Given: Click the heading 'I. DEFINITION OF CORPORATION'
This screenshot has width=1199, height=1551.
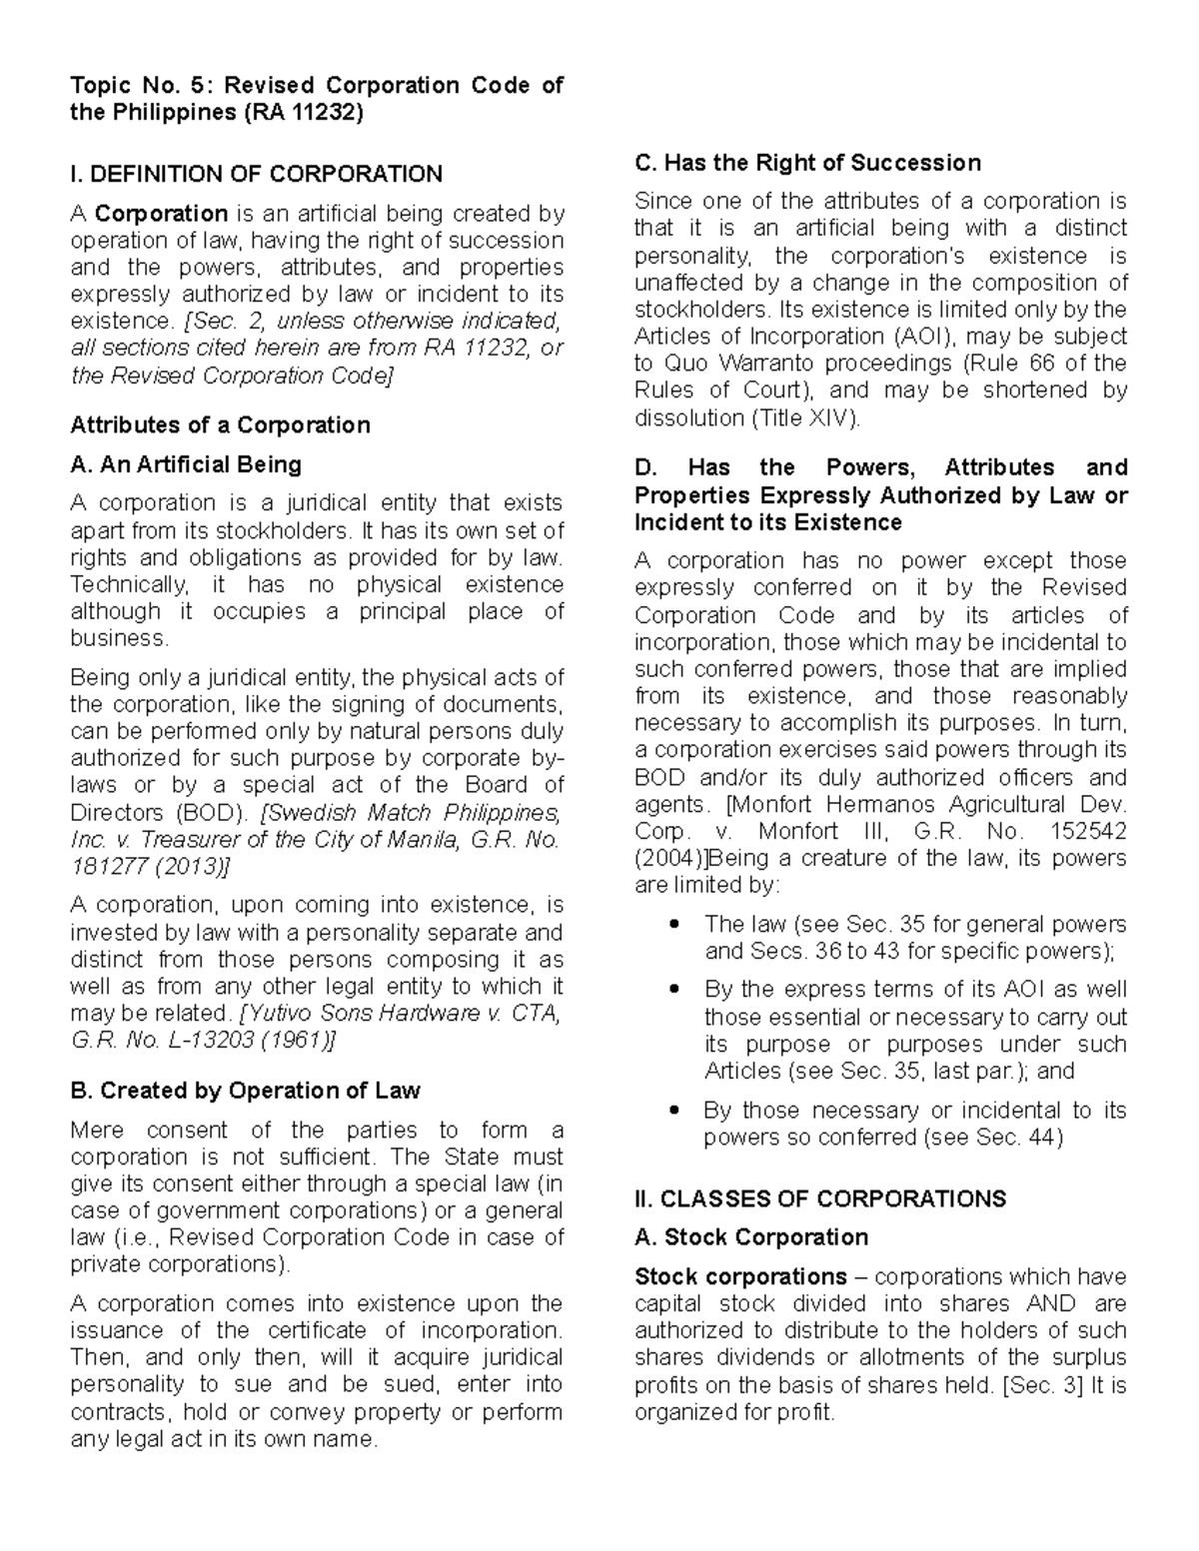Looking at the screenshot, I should pos(256,174).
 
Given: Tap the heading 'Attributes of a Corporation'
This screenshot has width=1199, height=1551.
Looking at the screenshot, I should pos(220,424).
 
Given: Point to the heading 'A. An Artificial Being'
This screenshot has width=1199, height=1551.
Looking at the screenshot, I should pos(186,464).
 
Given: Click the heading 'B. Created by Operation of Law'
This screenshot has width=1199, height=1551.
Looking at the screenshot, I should pos(245,1091).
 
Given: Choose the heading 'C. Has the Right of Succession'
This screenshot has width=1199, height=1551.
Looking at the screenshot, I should pos(807,162).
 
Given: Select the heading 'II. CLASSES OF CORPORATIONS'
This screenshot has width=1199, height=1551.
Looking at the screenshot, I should pos(820,1198).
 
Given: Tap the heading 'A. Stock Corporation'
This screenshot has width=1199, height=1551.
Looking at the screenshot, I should pos(751,1237).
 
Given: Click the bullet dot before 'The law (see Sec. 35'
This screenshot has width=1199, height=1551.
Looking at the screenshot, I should pos(679,924).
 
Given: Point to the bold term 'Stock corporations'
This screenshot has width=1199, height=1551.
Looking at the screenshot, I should pos(740,1276).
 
